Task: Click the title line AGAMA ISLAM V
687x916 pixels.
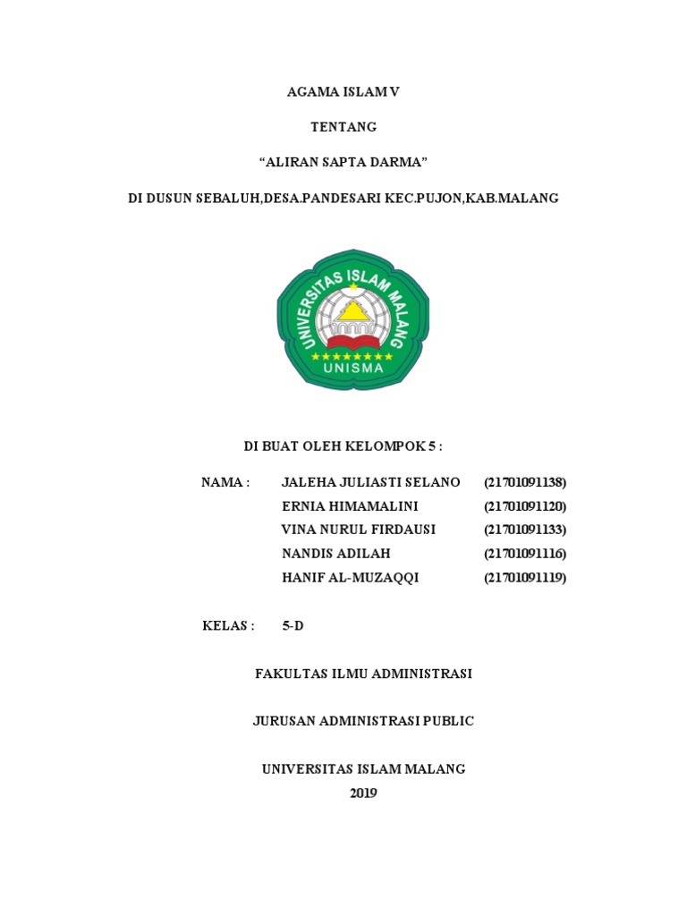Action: pos(343,92)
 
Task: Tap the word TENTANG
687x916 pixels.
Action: pos(343,127)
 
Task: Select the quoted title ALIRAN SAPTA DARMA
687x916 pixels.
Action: pos(343,163)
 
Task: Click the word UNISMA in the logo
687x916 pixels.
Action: pos(352,367)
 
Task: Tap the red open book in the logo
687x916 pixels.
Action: pos(352,341)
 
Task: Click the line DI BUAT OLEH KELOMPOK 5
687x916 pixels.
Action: pos(343,445)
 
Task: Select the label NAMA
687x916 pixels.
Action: pos(225,482)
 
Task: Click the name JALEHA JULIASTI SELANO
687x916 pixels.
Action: pos(370,482)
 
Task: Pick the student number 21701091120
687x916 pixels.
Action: pos(525,506)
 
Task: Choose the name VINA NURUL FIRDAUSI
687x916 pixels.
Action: pos(358,530)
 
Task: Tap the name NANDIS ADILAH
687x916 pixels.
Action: pos(335,554)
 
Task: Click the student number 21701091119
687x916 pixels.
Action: pos(525,578)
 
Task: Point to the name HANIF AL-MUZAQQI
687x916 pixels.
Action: pos(350,578)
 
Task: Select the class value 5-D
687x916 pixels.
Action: pos(293,625)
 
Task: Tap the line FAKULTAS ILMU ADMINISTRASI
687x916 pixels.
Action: pos(363,674)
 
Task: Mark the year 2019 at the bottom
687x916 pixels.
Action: pos(363,793)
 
